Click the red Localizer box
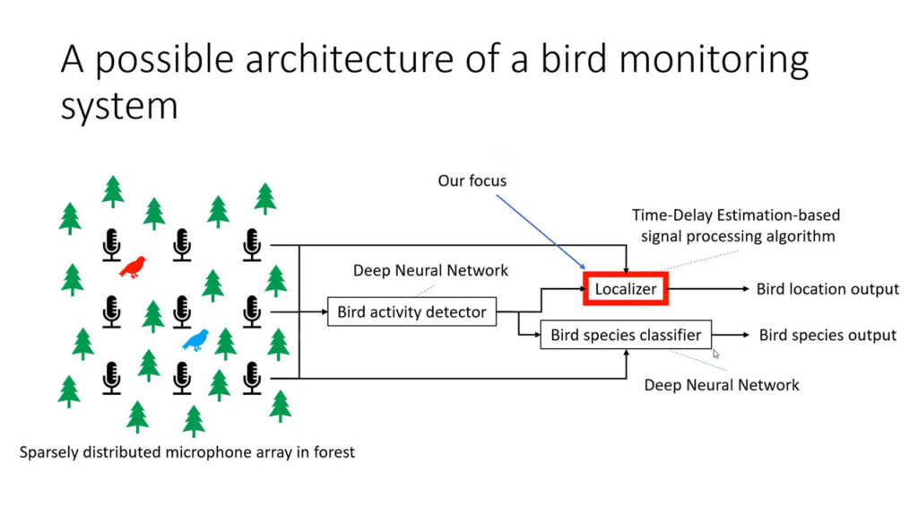(x=627, y=289)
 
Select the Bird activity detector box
(x=411, y=312)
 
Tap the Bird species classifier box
(x=626, y=336)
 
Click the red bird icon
(x=133, y=266)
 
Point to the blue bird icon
(x=195, y=339)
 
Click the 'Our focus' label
(x=472, y=181)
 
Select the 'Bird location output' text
(x=827, y=289)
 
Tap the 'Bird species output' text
(x=827, y=335)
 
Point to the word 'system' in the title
(x=118, y=105)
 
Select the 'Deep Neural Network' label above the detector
(x=430, y=270)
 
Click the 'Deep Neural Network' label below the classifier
(x=722, y=385)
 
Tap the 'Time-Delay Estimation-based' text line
(x=736, y=215)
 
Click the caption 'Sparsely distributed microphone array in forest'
(x=187, y=451)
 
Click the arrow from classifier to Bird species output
(x=732, y=335)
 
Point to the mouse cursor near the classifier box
(x=716, y=354)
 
